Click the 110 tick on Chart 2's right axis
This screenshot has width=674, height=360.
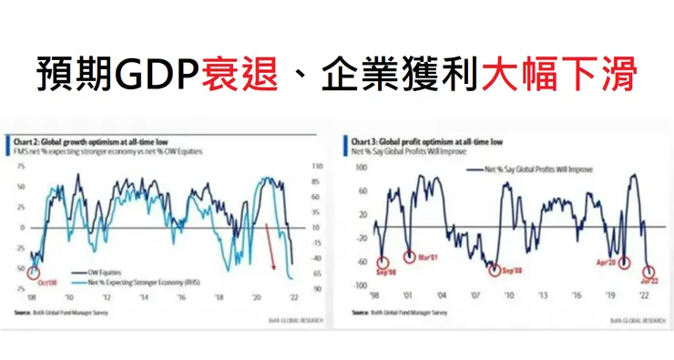tap(315, 167)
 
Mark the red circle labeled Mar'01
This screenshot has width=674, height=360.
tap(410, 256)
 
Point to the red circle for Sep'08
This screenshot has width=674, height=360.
tap(495, 270)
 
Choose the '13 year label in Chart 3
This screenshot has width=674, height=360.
tap(542, 295)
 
